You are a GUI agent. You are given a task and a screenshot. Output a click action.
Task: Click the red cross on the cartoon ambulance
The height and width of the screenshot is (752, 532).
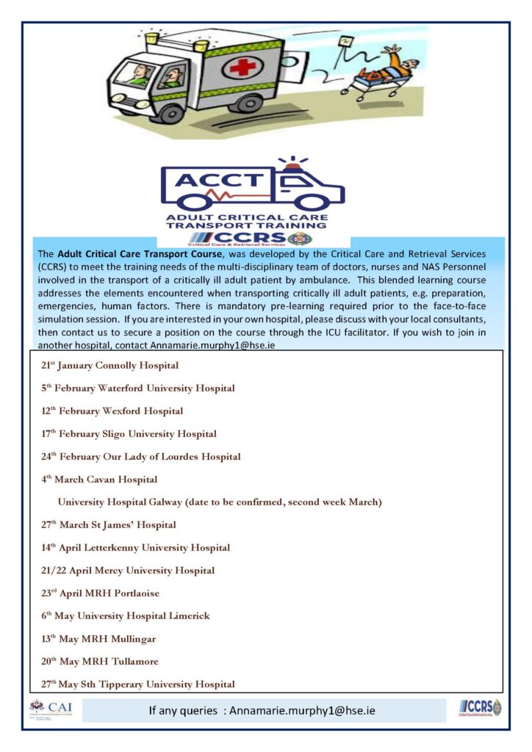[240, 68]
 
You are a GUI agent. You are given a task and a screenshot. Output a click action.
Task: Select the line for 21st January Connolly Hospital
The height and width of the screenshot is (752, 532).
[110, 365]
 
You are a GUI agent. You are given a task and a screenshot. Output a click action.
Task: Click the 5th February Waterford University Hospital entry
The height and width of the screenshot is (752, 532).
[138, 388]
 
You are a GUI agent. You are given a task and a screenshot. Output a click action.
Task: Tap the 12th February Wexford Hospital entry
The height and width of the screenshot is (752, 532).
[112, 411]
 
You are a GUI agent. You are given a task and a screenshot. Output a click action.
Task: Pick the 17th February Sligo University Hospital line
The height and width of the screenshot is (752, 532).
[129, 434]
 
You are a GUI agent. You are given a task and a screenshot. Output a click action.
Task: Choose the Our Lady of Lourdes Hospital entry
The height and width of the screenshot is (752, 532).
[141, 457]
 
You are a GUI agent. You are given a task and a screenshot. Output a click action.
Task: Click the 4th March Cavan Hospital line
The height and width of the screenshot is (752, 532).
[99, 480]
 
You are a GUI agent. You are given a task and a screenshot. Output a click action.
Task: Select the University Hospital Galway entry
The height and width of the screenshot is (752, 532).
[220, 502]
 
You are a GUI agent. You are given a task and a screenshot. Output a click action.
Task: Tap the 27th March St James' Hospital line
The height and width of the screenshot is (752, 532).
[109, 525]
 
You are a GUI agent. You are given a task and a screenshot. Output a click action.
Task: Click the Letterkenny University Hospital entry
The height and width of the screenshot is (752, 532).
[136, 548]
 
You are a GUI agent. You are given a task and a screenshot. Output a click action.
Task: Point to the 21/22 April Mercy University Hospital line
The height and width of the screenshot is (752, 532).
[128, 571]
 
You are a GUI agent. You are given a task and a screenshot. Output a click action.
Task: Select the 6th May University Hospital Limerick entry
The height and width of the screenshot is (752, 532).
[126, 616]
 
